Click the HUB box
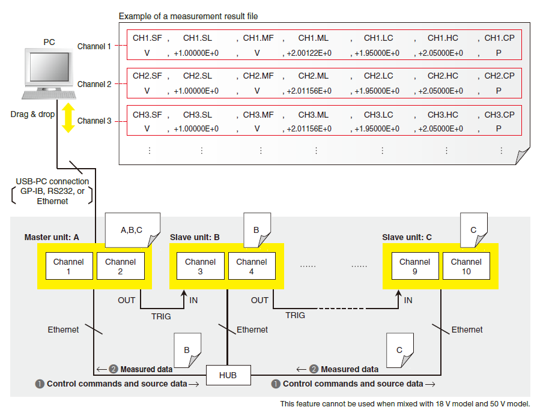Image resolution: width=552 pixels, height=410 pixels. [x=228, y=375]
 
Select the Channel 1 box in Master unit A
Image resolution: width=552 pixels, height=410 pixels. [x=68, y=267]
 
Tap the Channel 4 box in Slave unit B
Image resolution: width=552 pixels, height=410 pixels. [x=252, y=267]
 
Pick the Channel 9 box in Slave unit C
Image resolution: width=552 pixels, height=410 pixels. [x=414, y=267]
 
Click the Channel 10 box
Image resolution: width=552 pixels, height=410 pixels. [x=466, y=267]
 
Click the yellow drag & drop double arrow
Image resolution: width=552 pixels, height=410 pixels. [x=68, y=117]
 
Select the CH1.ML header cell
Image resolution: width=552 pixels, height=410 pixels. [x=313, y=38]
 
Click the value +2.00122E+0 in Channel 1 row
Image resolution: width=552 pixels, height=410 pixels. [x=309, y=53]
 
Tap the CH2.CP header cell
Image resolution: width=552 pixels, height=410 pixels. [x=499, y=76]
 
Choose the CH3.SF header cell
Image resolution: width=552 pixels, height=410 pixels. [x=147, y=115]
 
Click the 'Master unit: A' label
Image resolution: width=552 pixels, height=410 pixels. [x=52, y=237]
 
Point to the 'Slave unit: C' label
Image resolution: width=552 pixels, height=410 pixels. [x=407, y=237]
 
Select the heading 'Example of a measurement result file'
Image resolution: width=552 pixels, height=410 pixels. [x=188, y=16]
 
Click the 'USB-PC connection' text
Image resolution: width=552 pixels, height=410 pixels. [x=52, y=181]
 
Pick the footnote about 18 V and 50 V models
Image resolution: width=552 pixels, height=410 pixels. [x=405, y=403]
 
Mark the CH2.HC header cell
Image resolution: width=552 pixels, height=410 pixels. [x=443, y=76]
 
